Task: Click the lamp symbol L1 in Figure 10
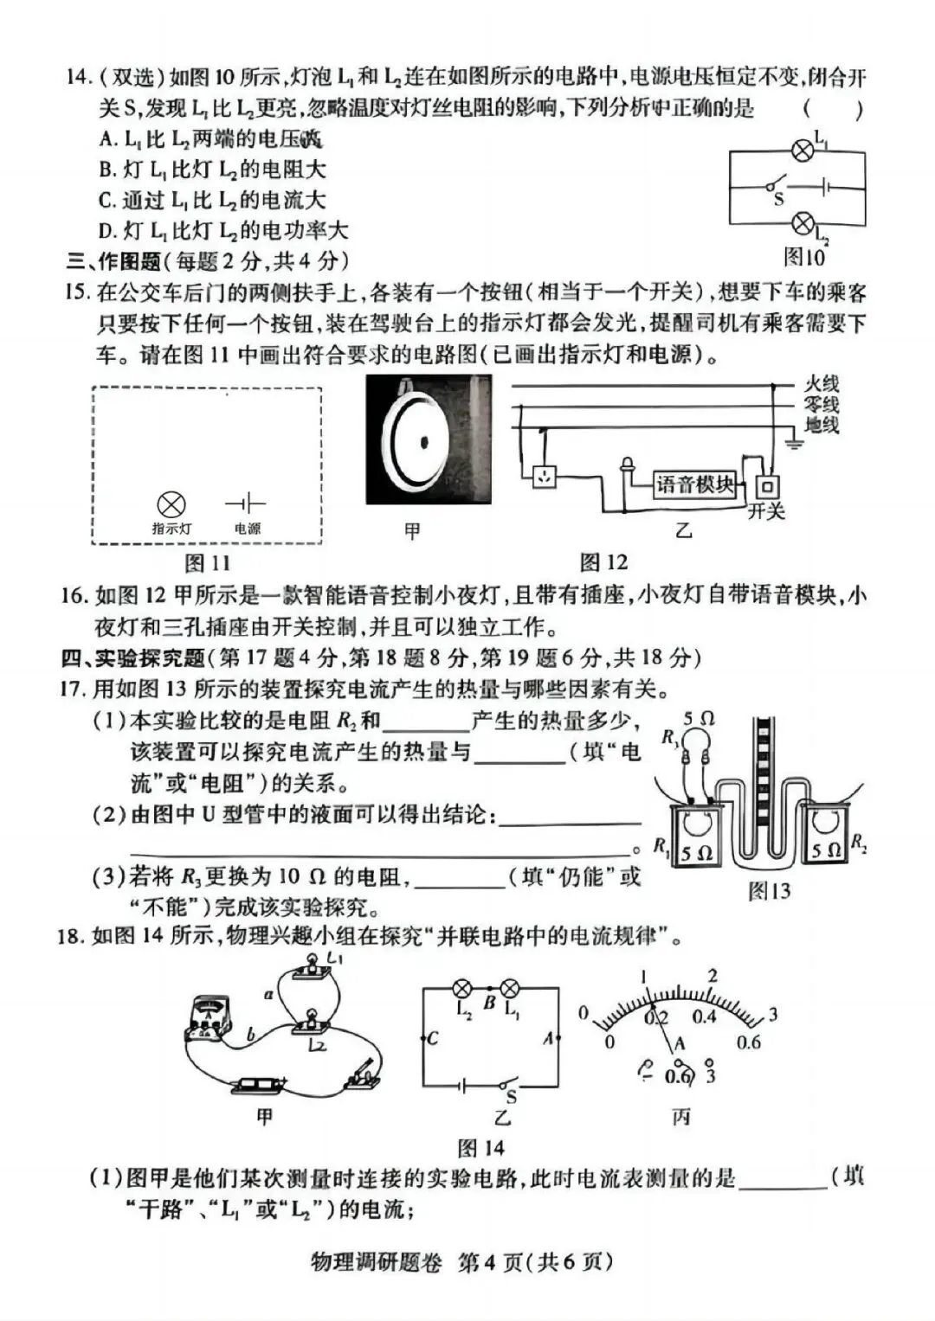[803, 150]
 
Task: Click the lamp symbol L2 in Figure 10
[803, 222]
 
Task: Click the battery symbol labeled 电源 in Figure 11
[246, 503]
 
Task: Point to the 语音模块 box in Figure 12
[694, 484]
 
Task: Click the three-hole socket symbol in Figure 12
[544, 477]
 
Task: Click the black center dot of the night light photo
[425, 442]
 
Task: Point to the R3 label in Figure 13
[669, 737]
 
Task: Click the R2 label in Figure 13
[859, 842]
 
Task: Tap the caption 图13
[769, 890]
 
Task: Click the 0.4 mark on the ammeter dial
[704, 1016]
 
